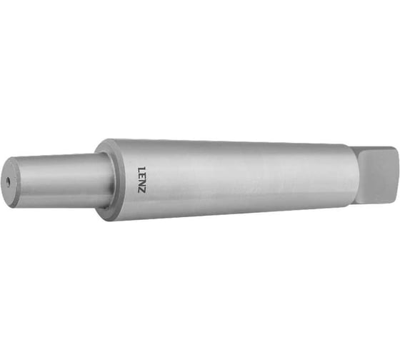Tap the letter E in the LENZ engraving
(141, 173)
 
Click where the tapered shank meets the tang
(351, 174)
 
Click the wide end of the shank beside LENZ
(125, 179)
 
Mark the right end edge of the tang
(394, 175)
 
